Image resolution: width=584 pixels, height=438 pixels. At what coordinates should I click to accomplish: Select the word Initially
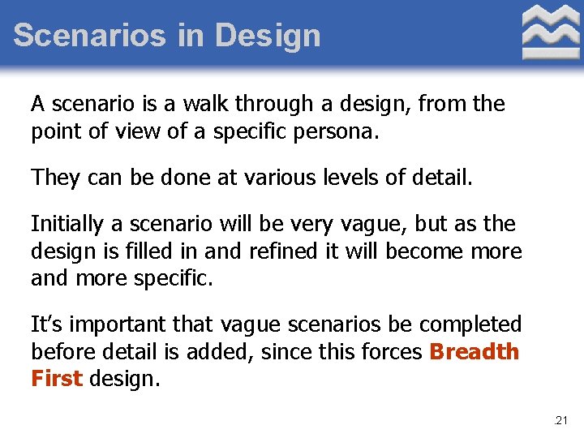[x=67, y=223]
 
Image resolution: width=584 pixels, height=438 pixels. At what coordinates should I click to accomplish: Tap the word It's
[x=45, y=324]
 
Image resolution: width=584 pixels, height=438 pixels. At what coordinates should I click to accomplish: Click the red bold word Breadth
[x=474, y=352]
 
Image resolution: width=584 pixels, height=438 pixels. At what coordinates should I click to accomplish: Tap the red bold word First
[x=57, y=380]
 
